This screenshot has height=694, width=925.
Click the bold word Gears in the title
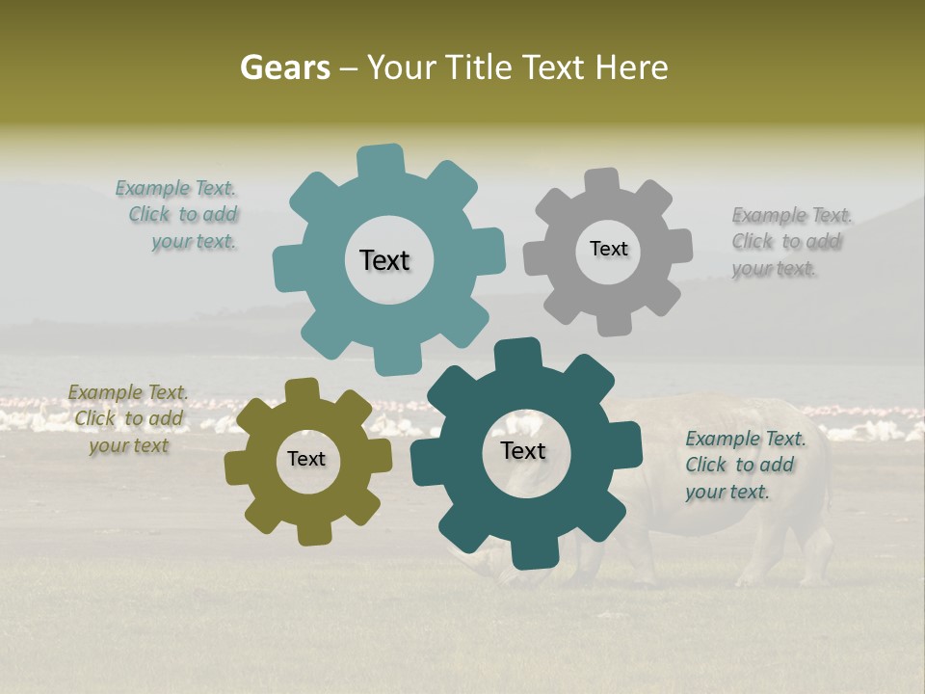point(284,68)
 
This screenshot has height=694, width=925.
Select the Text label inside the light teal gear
point(384,260)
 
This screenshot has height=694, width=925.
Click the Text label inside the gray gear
point(608,249)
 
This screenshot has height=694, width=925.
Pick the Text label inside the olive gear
point(306,460)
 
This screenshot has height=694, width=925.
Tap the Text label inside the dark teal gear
point(523,451)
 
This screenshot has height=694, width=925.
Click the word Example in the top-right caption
point(769,215)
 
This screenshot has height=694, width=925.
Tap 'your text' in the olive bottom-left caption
point(129,445)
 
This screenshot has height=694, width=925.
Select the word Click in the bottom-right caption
point(705,465)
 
